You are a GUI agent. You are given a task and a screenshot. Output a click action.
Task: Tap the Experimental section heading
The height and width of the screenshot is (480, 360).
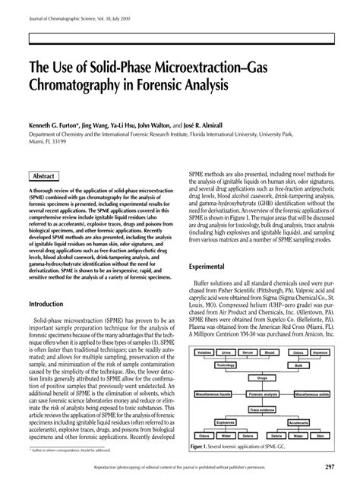[x=210, y=267]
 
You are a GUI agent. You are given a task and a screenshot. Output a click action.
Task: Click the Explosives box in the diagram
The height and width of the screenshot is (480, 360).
[x=226, y=421]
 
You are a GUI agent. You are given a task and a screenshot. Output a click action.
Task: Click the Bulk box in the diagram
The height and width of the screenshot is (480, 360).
[x=300, y=364]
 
